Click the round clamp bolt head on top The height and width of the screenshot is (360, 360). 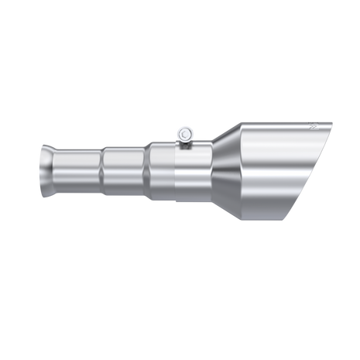click(184, 134)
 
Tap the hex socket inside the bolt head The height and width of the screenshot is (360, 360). click(184, 134)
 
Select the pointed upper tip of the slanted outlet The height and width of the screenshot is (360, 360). click(333, 122)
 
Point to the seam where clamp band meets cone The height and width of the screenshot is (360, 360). click(211, 172)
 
